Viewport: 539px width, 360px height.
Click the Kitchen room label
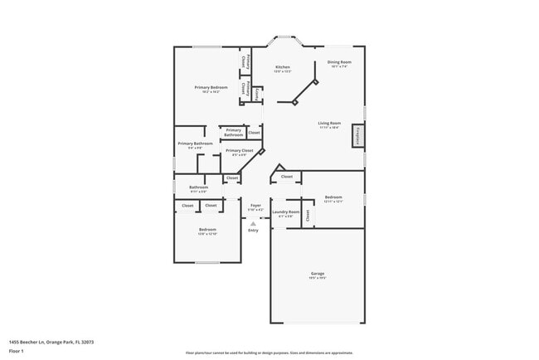pos(283,66)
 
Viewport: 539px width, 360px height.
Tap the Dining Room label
pos(339,62)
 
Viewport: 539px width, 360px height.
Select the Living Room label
pos(330,123)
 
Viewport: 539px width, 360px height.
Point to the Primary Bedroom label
pos(211,87)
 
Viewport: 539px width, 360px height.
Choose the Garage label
pos(317,273)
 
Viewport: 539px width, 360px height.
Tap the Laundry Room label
pos(286,212)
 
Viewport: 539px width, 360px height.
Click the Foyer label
pos(255,205)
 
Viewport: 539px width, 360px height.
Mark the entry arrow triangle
pos(253,222)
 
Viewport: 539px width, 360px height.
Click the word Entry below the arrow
pos(253,230)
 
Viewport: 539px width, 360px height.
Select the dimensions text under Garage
pos(317,278)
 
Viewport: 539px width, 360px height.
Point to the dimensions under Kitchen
pos(283,71)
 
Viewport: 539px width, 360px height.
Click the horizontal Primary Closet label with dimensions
pos(239,151)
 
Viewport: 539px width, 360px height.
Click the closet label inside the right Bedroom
pos(307,215)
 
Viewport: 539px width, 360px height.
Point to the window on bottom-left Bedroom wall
pos(207,263)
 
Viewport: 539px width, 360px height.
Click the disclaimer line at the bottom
pos(269,353)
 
